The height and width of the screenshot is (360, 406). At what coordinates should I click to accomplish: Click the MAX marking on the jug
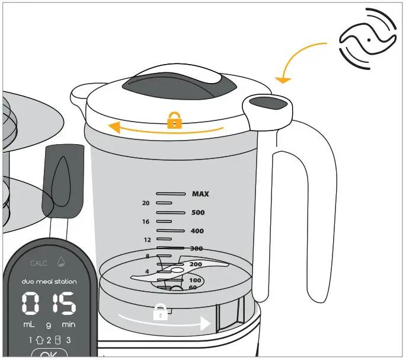[x=200, y=194]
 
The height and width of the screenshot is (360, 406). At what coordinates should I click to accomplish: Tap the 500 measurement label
[x=198, y=212]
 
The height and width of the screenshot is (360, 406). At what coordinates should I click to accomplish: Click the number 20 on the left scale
[x=146, y=203]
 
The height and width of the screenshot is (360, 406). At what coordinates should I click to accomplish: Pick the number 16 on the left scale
[x=146, y=221]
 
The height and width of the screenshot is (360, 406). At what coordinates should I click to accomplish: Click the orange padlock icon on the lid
[x=174, y=122]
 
